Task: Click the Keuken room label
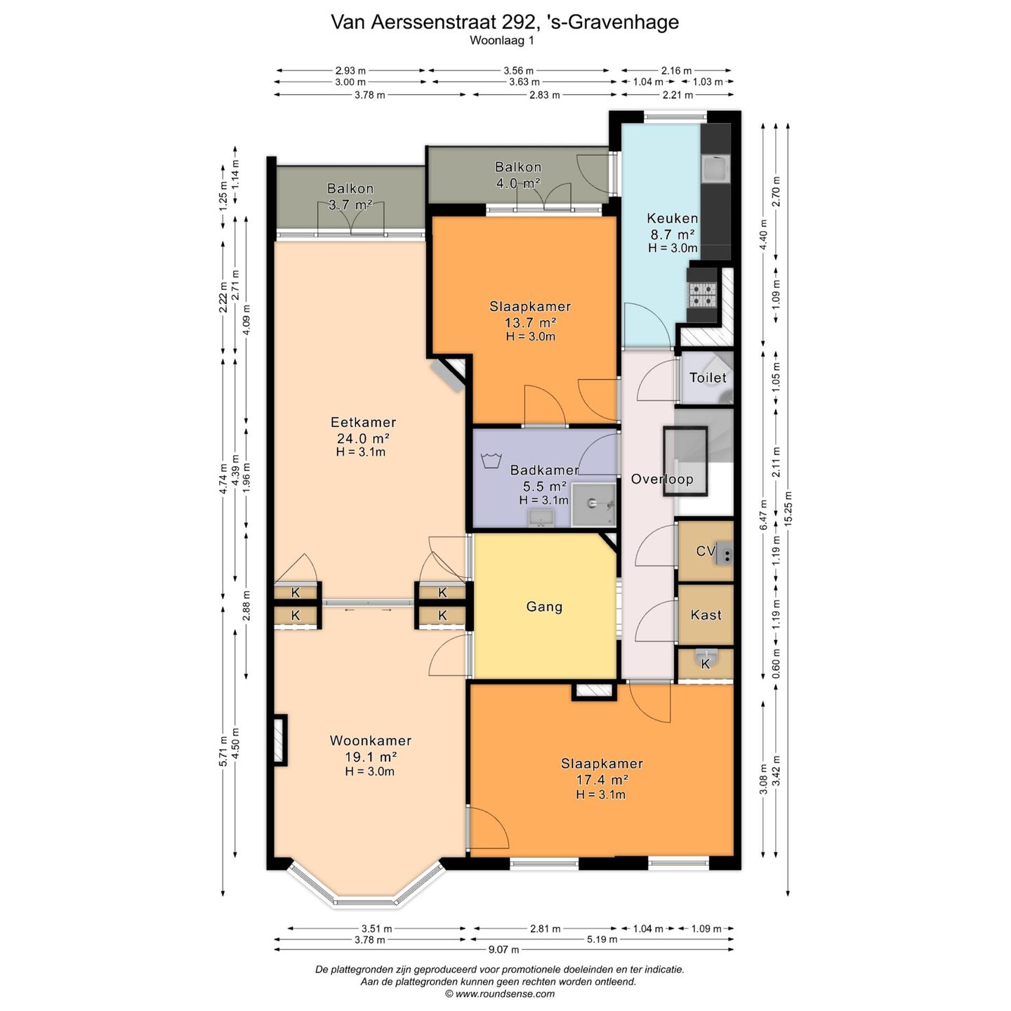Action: [x=672, y=218]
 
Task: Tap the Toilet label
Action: [x=708, y=377]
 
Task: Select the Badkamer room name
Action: [x=545, y=470]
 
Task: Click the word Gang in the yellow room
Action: [x=544, y=607]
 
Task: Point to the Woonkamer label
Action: [x=371, y=740]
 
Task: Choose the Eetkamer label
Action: [x=363, y=422]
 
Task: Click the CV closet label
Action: [x=705, y=551]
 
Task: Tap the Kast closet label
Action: [x=706, y=614]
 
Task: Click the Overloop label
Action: [x=661, y=479]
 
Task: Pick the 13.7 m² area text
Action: [x=530, y=322]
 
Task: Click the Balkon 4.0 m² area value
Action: [x=518, y=183]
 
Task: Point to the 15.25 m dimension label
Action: [x=788, y=508]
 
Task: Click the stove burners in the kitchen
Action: [x=703, y=295]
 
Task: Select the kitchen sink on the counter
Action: [x=715, y=169]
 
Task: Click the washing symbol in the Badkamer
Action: [x=491, y=461]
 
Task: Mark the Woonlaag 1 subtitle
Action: [x=501, y=41]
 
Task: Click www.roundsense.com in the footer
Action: [x=505, y=993]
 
